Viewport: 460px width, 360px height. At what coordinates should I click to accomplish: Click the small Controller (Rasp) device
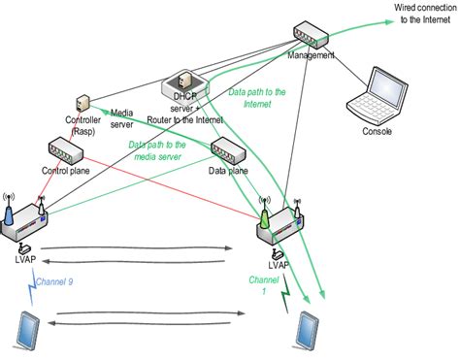pos(83,103)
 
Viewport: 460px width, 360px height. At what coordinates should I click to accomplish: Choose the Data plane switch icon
pos(226,150)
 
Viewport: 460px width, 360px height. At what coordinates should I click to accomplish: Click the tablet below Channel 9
pos(24,330)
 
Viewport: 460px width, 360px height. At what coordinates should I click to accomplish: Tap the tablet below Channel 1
pos(310,331)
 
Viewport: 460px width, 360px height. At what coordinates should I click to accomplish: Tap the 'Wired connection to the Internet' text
pos(423,13)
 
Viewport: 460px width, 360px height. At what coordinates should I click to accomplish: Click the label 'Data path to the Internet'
pos(256,97)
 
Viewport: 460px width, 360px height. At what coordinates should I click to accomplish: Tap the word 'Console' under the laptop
pos(378,131)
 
